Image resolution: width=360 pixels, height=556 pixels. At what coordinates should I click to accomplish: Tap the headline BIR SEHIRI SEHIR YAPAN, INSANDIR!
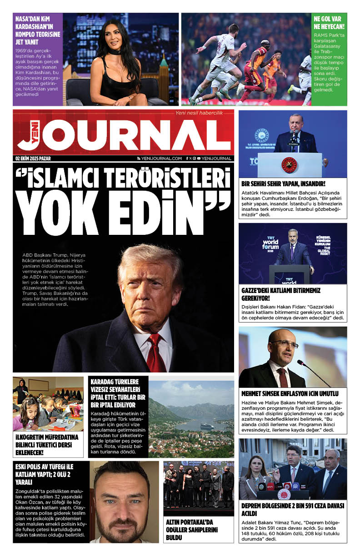point(283,184)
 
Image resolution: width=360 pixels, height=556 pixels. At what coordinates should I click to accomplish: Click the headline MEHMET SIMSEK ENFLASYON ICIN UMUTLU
point(290,393)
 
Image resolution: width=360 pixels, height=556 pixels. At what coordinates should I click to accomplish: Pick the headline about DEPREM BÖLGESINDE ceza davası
point(293,509)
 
